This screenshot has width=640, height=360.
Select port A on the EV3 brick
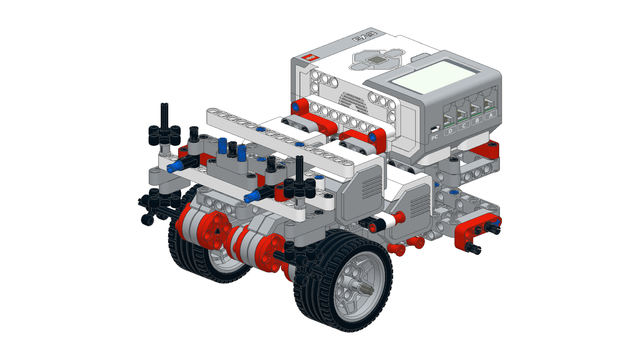coord(490,106)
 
